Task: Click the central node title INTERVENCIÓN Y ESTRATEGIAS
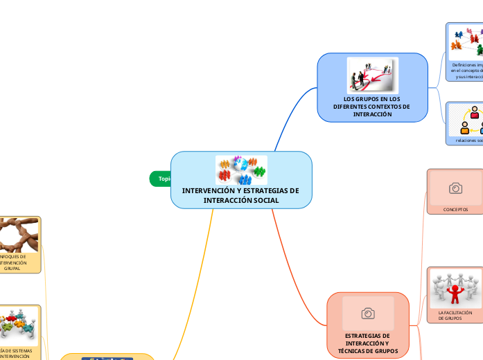pos(240,195)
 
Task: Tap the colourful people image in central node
pos(240,170)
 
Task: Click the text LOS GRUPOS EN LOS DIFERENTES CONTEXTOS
pos(371,107)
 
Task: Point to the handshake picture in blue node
pos(372,75)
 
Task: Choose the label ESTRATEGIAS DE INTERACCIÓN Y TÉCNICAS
pos(367,343)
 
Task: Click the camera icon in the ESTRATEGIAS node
pos(368,313)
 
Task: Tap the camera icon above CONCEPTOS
pos(455,188)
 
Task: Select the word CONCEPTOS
pos(455,209)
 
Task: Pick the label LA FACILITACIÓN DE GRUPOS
pos(455,316)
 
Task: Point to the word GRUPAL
pos(12,269)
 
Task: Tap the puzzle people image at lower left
pos(17,325)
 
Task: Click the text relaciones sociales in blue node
pos(468,140)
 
